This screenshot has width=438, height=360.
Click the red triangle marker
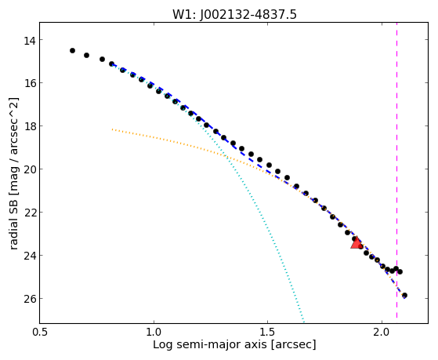[357, 243]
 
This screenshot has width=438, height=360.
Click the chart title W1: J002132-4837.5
[234, 14]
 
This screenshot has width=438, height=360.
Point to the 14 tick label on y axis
[30, 41]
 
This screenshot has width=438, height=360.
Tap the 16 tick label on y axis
[30, 83]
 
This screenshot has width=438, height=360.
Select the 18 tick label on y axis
[30, 126]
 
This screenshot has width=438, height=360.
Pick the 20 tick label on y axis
[30, 169]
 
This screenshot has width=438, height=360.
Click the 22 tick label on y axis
[30, 213]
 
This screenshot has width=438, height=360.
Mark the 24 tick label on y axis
[30, 256]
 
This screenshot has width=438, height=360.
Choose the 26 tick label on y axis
[30, 299]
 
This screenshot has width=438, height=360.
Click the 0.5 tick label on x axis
[40, 332]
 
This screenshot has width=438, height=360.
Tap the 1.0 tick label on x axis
[154, 332]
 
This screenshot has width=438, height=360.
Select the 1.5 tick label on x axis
[268, 332]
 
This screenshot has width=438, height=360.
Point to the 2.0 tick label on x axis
[382, 332]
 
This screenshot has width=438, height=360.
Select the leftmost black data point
[72, 51]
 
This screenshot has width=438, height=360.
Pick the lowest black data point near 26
[404, 296]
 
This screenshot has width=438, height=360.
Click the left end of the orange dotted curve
[112, 129]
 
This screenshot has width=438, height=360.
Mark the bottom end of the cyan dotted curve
[303, 321]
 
